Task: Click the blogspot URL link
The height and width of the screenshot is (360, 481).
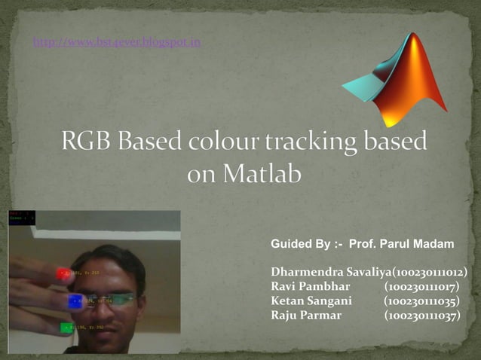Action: (117, 42)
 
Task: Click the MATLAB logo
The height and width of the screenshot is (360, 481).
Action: (395, 80)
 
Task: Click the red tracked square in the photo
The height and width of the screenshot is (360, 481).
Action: (63, 274)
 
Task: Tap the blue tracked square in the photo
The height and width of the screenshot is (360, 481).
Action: (75, 301)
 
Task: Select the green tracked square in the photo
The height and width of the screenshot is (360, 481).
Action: (66, 328)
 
